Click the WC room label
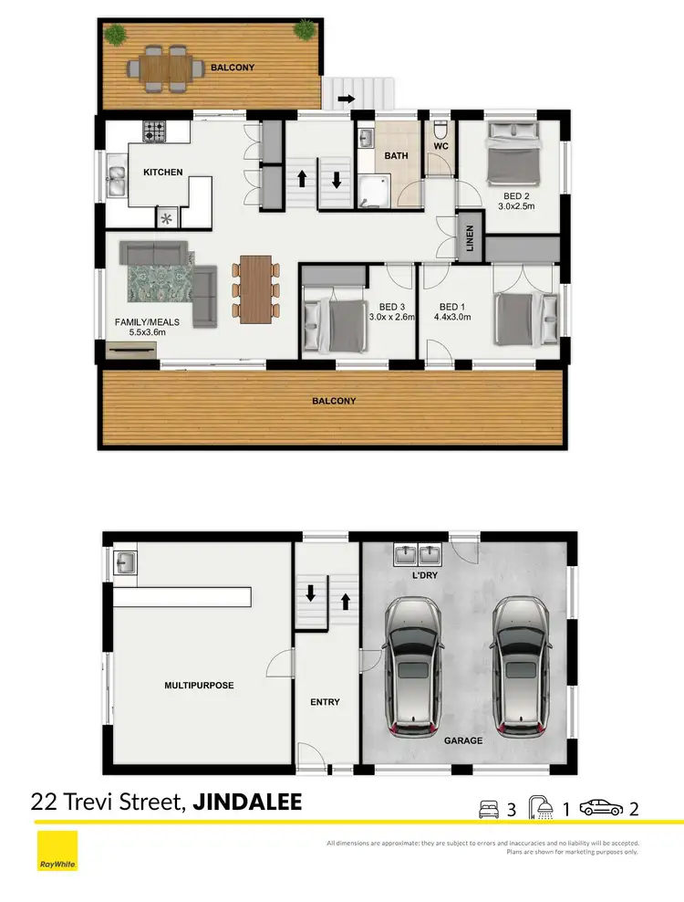441,146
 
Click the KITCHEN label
162,172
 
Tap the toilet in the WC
441,128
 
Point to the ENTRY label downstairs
325,702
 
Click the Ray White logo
57,851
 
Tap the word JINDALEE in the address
247,802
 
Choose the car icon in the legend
603,808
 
